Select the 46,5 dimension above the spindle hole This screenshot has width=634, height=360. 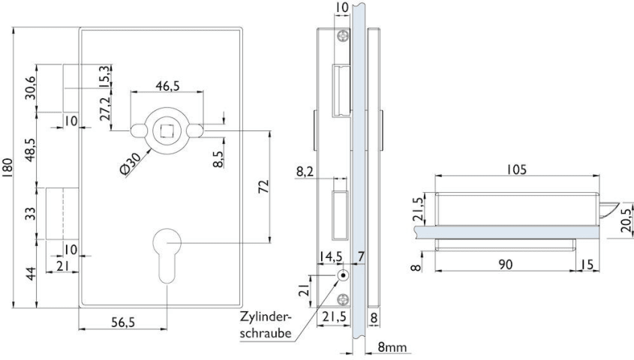(x=167, y=87)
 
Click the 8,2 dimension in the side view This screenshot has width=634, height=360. (x=305, y=172)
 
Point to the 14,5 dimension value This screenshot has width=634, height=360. (x=331, y=256)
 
